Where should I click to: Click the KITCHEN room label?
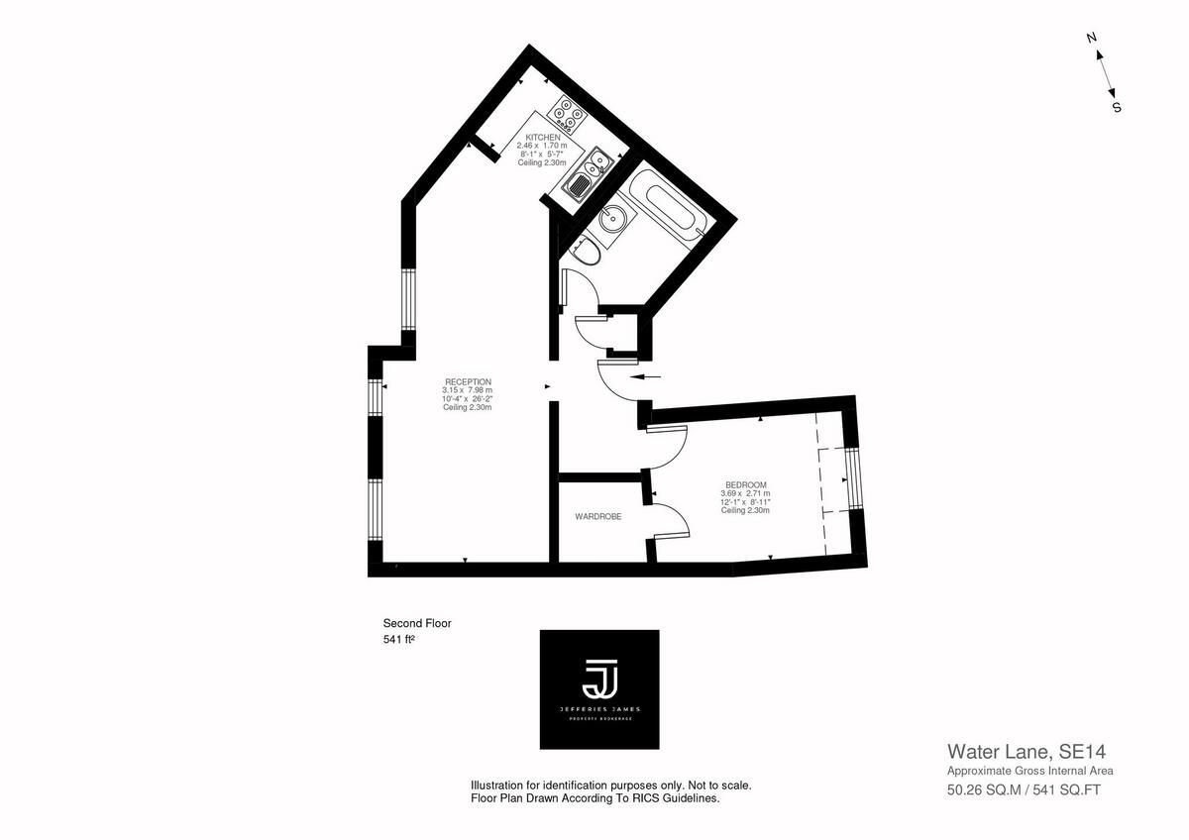coord(543,138)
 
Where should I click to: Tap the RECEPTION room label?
coord(468,382)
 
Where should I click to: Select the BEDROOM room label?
coord(745,484)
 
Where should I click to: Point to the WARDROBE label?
coord(598,516)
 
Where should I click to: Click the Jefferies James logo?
coord(599,688)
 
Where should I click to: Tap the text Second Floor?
coord(417,623)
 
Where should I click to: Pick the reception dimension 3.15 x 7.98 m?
coord(468,390)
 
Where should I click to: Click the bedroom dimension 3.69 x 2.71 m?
coord(745,493)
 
